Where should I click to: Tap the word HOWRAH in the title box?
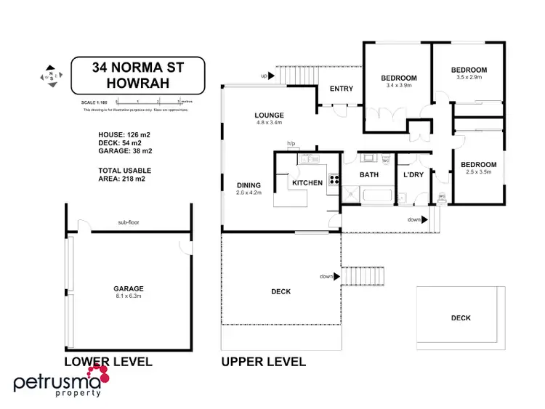[138, 84]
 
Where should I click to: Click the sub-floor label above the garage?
[128, 223]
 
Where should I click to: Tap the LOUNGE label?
[269, 116]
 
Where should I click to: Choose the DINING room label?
[248, 185]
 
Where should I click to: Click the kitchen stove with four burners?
[334, 181]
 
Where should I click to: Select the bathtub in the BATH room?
[375, 195]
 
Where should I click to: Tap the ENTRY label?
[342, 89]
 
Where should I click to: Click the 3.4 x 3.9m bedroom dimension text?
[399, 86]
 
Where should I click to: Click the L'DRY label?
[413, 175]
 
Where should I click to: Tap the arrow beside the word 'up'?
[278, 74]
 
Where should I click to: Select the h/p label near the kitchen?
[291, 144]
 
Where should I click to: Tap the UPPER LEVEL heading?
[263, 361]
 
